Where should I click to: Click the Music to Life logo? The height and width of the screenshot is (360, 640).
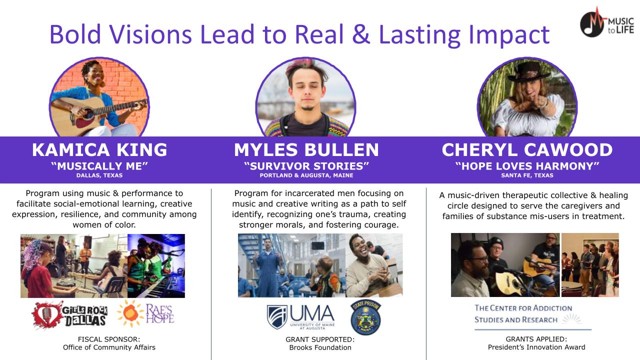pyautogui.click(x=606, y=22)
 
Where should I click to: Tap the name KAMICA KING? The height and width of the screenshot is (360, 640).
pyautogui.click(x=99, y=149)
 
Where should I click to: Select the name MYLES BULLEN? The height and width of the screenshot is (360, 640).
pyautogui.click(x=306, y=149)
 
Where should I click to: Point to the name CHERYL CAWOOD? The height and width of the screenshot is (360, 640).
pyautogui.click(x=527, y=149)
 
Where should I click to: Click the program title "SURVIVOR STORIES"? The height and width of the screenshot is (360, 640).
pyautogui.click(x=306, y=166)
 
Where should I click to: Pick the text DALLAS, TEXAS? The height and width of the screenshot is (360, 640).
pyautogui.click(x=99, y=175)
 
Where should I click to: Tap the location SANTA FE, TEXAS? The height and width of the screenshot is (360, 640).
pyautogui.click(x=527, y=175)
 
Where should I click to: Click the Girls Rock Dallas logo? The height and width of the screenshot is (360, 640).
pyautogui.click(x=69, y=315)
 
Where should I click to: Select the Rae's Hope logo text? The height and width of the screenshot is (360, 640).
pyautogui.click(x=159, y=313)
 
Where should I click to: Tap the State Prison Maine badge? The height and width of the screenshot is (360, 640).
pyautogui.click(x=365, y=317)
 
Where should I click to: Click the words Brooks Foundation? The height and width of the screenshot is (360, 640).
pyautogui.click(x=320, y=347)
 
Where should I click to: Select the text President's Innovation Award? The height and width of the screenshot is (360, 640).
pyautogui.click(x=536, y=347)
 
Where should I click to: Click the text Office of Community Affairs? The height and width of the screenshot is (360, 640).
pyautogui.click(x=109, y=347)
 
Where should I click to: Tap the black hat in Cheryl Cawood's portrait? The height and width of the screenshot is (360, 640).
pyautogui.click(x=529, y=72)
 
